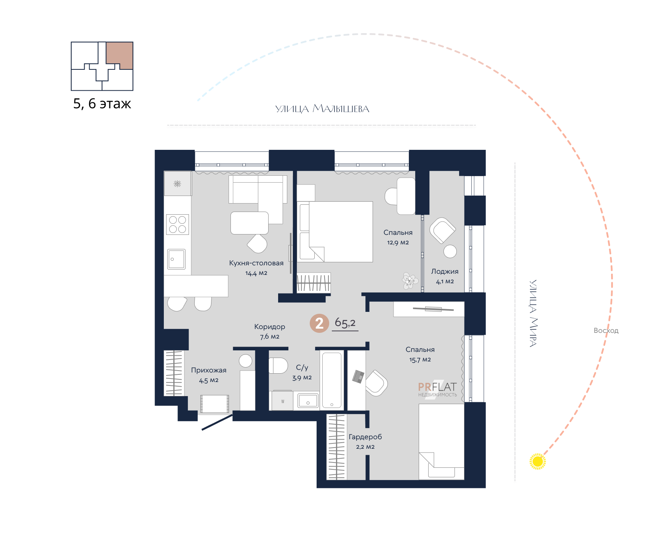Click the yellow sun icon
(538, 462)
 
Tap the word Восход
(606, 331)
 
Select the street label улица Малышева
(322, 109)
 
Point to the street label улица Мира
(533, 313)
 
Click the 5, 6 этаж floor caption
(102, 104)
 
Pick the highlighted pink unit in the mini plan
(120, 56)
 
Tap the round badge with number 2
(319, 323)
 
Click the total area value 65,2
(345, 323)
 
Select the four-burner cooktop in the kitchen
(178, 225)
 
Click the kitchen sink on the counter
(176, 259)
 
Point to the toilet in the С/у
(278, 366)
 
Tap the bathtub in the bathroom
(332, 380)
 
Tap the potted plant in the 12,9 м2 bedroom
(410, 281)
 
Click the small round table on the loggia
(450, 251)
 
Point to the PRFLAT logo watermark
(437, 389)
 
